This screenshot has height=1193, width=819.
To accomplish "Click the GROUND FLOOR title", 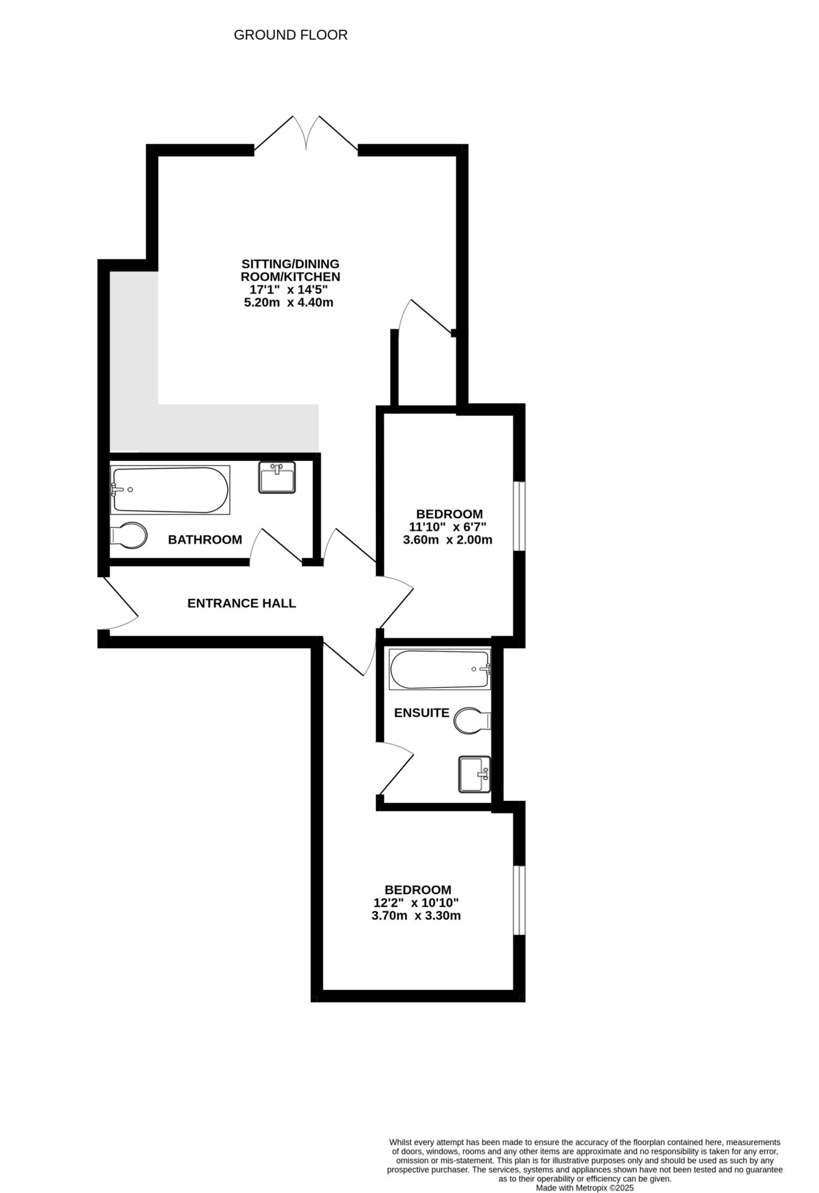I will (290, 35).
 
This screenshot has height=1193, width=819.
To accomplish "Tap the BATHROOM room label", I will (205, 539).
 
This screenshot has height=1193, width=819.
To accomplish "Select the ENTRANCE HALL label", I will (241, 603).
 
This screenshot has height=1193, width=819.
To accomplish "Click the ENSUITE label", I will (421, 713).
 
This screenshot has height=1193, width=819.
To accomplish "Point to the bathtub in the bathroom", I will (170, 490).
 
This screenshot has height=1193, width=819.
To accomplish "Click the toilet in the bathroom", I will (129, 535).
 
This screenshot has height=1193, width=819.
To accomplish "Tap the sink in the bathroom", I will (277, 478).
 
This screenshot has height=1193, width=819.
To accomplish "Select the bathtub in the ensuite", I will (439, 670).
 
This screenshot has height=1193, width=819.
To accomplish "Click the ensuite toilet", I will (472, 721).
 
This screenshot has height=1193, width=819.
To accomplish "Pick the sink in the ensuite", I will (474, 774).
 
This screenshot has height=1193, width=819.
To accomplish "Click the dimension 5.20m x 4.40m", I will (290, 303).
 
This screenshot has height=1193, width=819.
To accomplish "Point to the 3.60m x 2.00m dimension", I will (447, 540).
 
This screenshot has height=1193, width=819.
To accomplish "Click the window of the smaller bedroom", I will (519, 516).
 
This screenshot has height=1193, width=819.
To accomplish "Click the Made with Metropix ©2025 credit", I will (585, 1187).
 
